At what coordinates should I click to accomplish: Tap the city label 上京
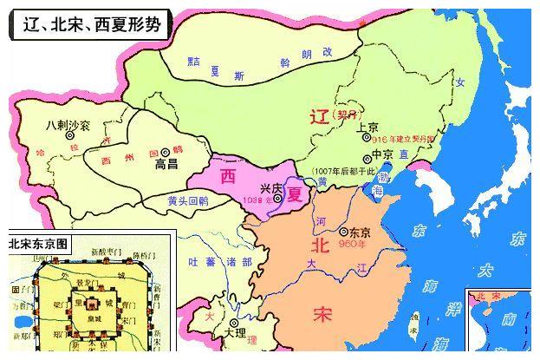[368, 127]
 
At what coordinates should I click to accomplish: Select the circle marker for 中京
[364, 157]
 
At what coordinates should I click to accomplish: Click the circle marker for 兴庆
[277, 198]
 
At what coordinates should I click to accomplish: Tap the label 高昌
[165, 162]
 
